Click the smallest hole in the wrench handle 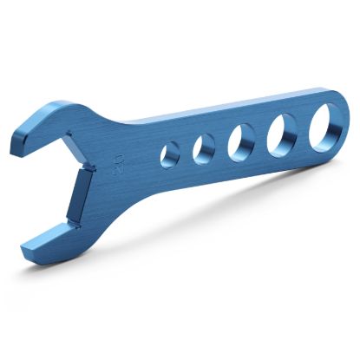point(171,154)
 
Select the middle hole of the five point(241,141)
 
